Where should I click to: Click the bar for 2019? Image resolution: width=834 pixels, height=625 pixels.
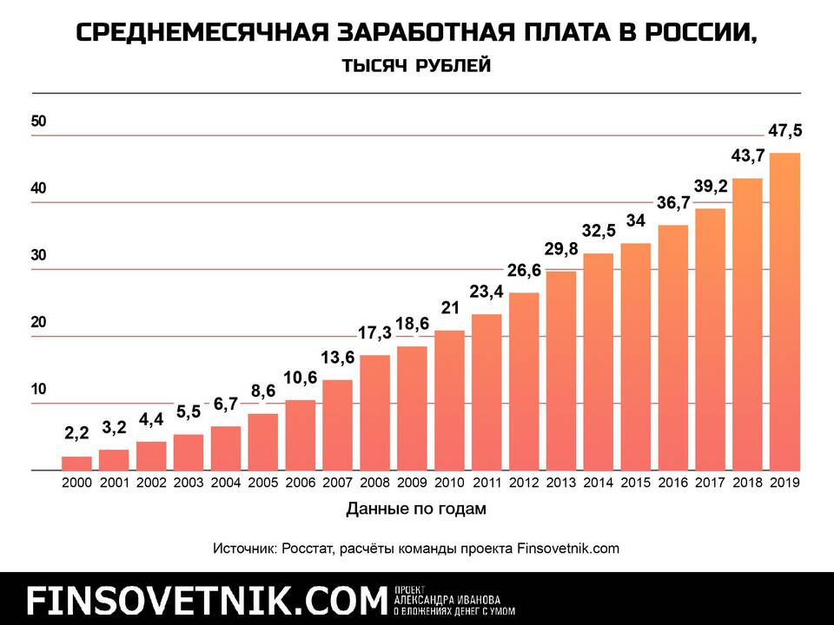pos(784,312)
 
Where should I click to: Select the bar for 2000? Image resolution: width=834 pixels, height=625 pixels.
pos(76,464)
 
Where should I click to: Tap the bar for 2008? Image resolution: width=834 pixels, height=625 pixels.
pos(374,413)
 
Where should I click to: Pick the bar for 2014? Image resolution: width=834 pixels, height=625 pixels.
pos(599,362)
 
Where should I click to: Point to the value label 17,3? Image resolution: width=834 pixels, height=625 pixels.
pos(374,332)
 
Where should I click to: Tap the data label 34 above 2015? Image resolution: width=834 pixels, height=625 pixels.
pos(636,220)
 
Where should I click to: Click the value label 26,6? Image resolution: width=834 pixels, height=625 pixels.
pos(524,270)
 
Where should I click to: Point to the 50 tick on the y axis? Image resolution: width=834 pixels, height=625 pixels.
pos(38,122)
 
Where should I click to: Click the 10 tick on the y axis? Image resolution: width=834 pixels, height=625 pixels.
pos(38,390)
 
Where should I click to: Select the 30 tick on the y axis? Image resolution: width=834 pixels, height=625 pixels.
pos(38,256)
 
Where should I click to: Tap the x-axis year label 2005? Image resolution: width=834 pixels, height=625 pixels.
pos(263,483)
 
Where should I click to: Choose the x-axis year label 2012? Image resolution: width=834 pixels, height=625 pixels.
pos(524,483)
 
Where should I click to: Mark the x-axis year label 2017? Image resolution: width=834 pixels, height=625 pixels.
pos(711,483)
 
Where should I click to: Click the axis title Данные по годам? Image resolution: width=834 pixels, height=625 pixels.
pos(415,509)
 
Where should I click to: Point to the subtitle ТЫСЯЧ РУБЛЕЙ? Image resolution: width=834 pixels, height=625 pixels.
pos(416,66)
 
